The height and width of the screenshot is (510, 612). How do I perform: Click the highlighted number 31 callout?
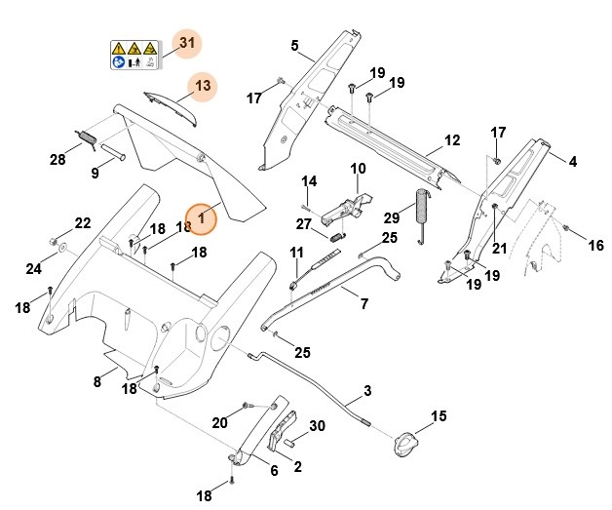click(187, 44)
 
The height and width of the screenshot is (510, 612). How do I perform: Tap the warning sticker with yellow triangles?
click(134, 55)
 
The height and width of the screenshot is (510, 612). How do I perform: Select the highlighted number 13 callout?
click(202, 86)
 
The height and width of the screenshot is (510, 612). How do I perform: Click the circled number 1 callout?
click(202, 218)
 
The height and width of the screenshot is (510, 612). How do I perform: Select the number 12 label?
click(451, 140)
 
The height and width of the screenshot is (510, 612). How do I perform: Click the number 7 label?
click(364, 304)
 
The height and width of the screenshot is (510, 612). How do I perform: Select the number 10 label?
click(358, 169)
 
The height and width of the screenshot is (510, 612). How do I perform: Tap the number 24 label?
click(33, 268)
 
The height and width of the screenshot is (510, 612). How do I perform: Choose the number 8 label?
click(96, 381)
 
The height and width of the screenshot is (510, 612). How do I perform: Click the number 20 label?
click(220, 421)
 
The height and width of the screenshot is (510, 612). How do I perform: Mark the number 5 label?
click(294, 45)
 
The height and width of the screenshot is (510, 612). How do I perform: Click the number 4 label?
click(573, 160)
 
